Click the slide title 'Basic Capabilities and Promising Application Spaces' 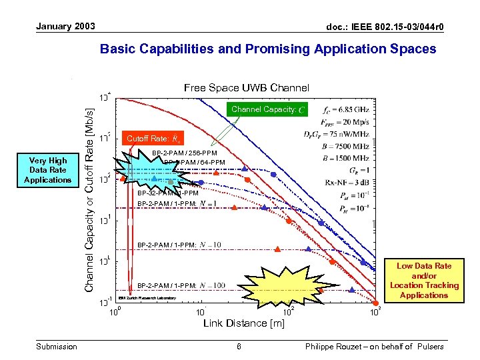(x=267, y=49)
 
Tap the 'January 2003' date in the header (x=65, y=27)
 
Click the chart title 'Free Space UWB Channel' (x=247, y=87)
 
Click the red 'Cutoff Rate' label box (x=152, y=139)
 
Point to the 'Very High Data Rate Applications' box (x=47, y=170)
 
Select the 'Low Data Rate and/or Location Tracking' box (x=424, y=281)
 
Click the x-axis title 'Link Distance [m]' (x=243, y=323)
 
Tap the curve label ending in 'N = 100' (x=181, y=286)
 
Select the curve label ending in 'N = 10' (x=179, y=245)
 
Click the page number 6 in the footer (x=239, y=346)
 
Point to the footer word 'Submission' (x=57, y=346)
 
